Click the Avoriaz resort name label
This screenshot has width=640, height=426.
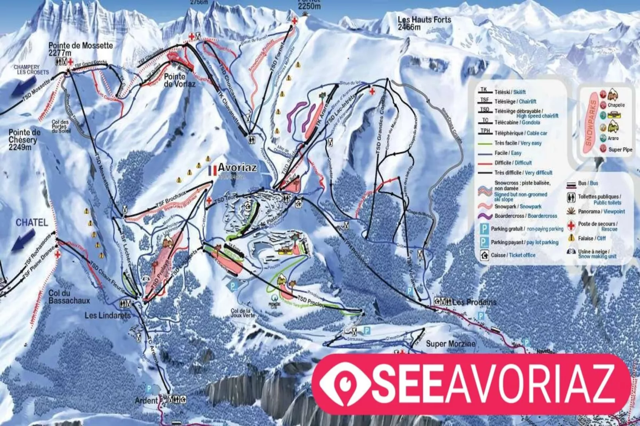point(237,168)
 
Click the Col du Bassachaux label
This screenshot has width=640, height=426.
point(69,297)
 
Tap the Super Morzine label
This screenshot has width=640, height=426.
point(451,344)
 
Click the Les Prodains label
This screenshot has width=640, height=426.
point(475,302)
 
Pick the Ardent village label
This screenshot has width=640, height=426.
point(146,400)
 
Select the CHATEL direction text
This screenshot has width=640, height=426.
point(32,223)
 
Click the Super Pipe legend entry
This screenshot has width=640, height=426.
point(620,150)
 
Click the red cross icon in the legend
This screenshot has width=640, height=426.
point(571,225)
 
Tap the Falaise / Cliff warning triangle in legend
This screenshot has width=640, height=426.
point(571,238)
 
